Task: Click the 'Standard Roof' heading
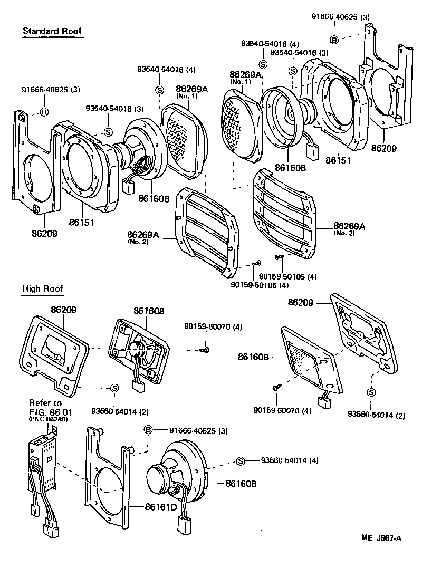(52, 31)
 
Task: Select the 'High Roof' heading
(43, 288)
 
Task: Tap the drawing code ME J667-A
(381, 538)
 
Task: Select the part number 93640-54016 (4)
(270, 44)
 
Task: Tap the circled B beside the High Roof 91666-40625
(148, 430)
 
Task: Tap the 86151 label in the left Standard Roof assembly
(81, 223)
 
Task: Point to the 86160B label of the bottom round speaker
(241, 483)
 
